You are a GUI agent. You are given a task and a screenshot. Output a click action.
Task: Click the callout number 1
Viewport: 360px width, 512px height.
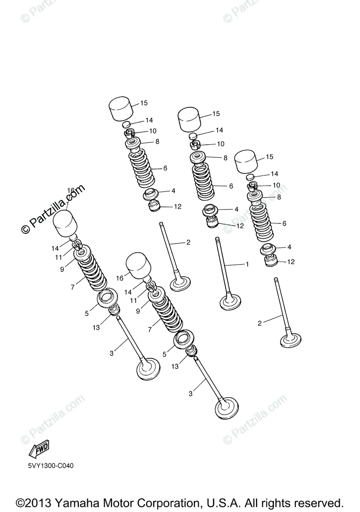point(247,264)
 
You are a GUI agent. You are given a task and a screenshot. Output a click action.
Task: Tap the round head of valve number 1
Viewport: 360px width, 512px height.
point(230,303)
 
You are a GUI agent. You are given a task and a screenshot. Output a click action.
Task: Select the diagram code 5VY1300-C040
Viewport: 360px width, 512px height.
point(51,466)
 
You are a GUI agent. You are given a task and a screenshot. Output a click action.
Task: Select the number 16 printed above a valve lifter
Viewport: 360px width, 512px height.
point(71,190)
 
